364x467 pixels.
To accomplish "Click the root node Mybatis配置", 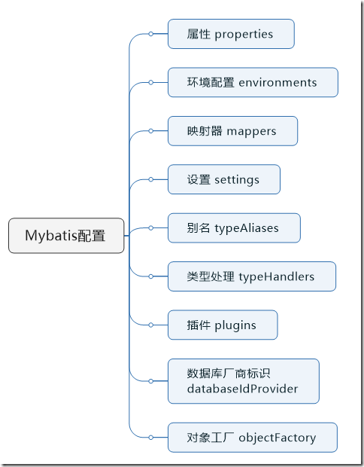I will click(66, 236).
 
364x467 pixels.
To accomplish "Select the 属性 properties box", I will click(230, 34).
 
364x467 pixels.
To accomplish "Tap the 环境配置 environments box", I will click(252, 82).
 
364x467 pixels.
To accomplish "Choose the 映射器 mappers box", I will click(232, 131).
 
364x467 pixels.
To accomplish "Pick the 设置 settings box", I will click(223, 179).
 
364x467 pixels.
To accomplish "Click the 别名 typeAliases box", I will click(234, 228).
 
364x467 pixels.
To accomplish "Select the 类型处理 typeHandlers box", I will click(251, 276).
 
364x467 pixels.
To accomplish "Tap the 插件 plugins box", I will click(222, 325).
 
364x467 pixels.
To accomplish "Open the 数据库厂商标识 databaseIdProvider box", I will click(243, 381).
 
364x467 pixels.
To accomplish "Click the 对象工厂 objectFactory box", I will click(252, 438).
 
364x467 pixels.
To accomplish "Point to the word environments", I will click(278, 82).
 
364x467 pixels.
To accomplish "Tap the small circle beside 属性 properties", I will click(150, 34).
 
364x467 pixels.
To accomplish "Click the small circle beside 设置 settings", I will click(150, 179).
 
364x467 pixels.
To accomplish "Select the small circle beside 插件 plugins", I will click(150, 325).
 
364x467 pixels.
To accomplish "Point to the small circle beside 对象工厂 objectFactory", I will click(150, 438).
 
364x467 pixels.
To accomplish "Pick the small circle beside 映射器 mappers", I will click(150, 131).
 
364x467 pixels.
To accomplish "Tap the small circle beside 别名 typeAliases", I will click(150, 228).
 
